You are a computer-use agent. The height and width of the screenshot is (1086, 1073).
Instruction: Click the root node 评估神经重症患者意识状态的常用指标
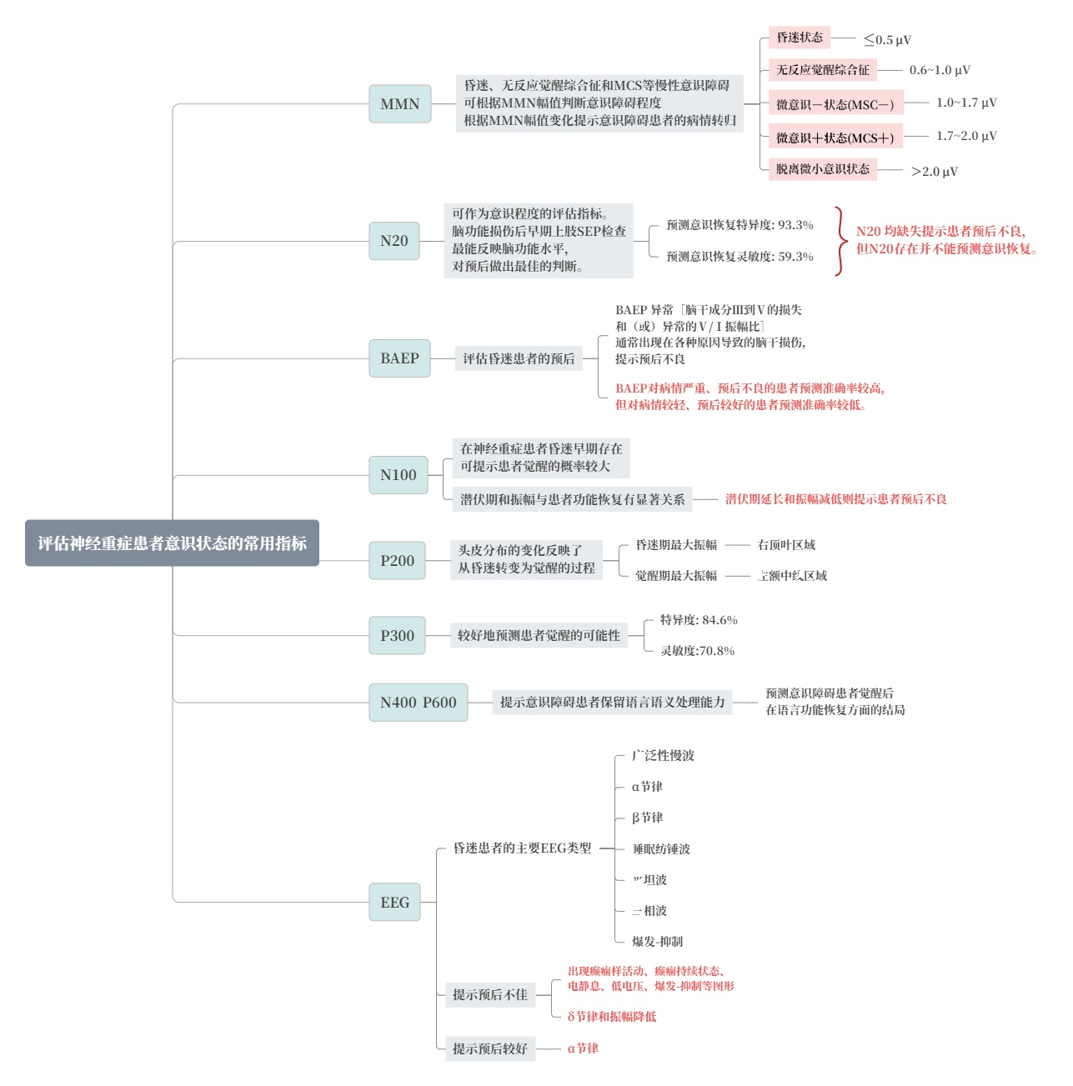[x=172, y=543]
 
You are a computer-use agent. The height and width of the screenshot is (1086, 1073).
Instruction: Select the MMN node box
[x=400, y=104]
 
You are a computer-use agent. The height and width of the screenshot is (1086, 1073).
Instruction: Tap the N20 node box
[x=394, y=241]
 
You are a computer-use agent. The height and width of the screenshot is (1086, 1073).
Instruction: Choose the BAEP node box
[x=399, y=358]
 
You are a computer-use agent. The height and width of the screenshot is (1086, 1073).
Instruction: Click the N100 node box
[x=399, y=475]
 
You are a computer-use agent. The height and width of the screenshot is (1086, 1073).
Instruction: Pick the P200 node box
[x=397, y=561]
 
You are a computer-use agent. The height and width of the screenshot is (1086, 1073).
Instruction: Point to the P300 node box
[x=397, y=636]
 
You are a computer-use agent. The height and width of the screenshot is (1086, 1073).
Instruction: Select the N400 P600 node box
[x=418, y=703]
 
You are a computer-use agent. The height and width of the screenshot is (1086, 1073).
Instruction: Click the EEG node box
[x=394, y=903]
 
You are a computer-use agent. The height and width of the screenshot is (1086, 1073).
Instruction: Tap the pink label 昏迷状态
[x=800, y=38]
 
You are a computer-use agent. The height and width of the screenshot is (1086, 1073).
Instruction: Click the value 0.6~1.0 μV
[x=940, y=71]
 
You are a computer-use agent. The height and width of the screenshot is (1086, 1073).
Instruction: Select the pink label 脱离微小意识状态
[x=823, y=169]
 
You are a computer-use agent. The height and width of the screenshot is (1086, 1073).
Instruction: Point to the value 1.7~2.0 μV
[x=966, y=136]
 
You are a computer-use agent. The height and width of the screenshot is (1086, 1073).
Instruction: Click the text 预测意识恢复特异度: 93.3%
[x=740, y=225]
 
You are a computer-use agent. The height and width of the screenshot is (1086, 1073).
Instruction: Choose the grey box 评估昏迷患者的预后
[x=519, y=358]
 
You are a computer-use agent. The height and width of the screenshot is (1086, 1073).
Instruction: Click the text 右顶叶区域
[x=786, y=545]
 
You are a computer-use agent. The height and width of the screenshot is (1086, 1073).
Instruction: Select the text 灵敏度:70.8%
[x=697, y=651]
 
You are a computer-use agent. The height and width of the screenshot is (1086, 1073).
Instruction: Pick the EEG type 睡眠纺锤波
[x=661, y=849]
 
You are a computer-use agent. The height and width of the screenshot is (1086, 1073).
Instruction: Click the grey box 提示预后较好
[x=490, y=1048]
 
